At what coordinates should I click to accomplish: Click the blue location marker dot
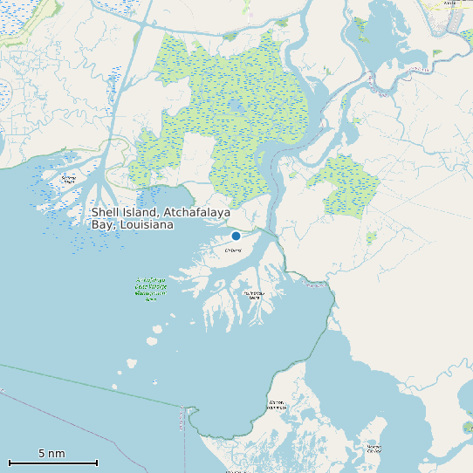[236, 236]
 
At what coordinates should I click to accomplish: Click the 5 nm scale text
[51, 454]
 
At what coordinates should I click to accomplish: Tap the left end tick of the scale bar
[10, 463]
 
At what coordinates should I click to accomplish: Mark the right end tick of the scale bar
[97, 463]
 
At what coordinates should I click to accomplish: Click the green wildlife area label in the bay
[151, 287]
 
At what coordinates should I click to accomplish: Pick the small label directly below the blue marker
[233, 250]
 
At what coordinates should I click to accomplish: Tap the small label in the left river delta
[68, 179]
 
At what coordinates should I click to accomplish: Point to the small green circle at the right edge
[467, 428]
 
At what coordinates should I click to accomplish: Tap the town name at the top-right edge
[450, 3]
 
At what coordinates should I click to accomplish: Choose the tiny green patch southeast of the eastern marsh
[371, 237]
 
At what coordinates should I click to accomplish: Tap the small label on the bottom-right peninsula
[374, 449]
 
